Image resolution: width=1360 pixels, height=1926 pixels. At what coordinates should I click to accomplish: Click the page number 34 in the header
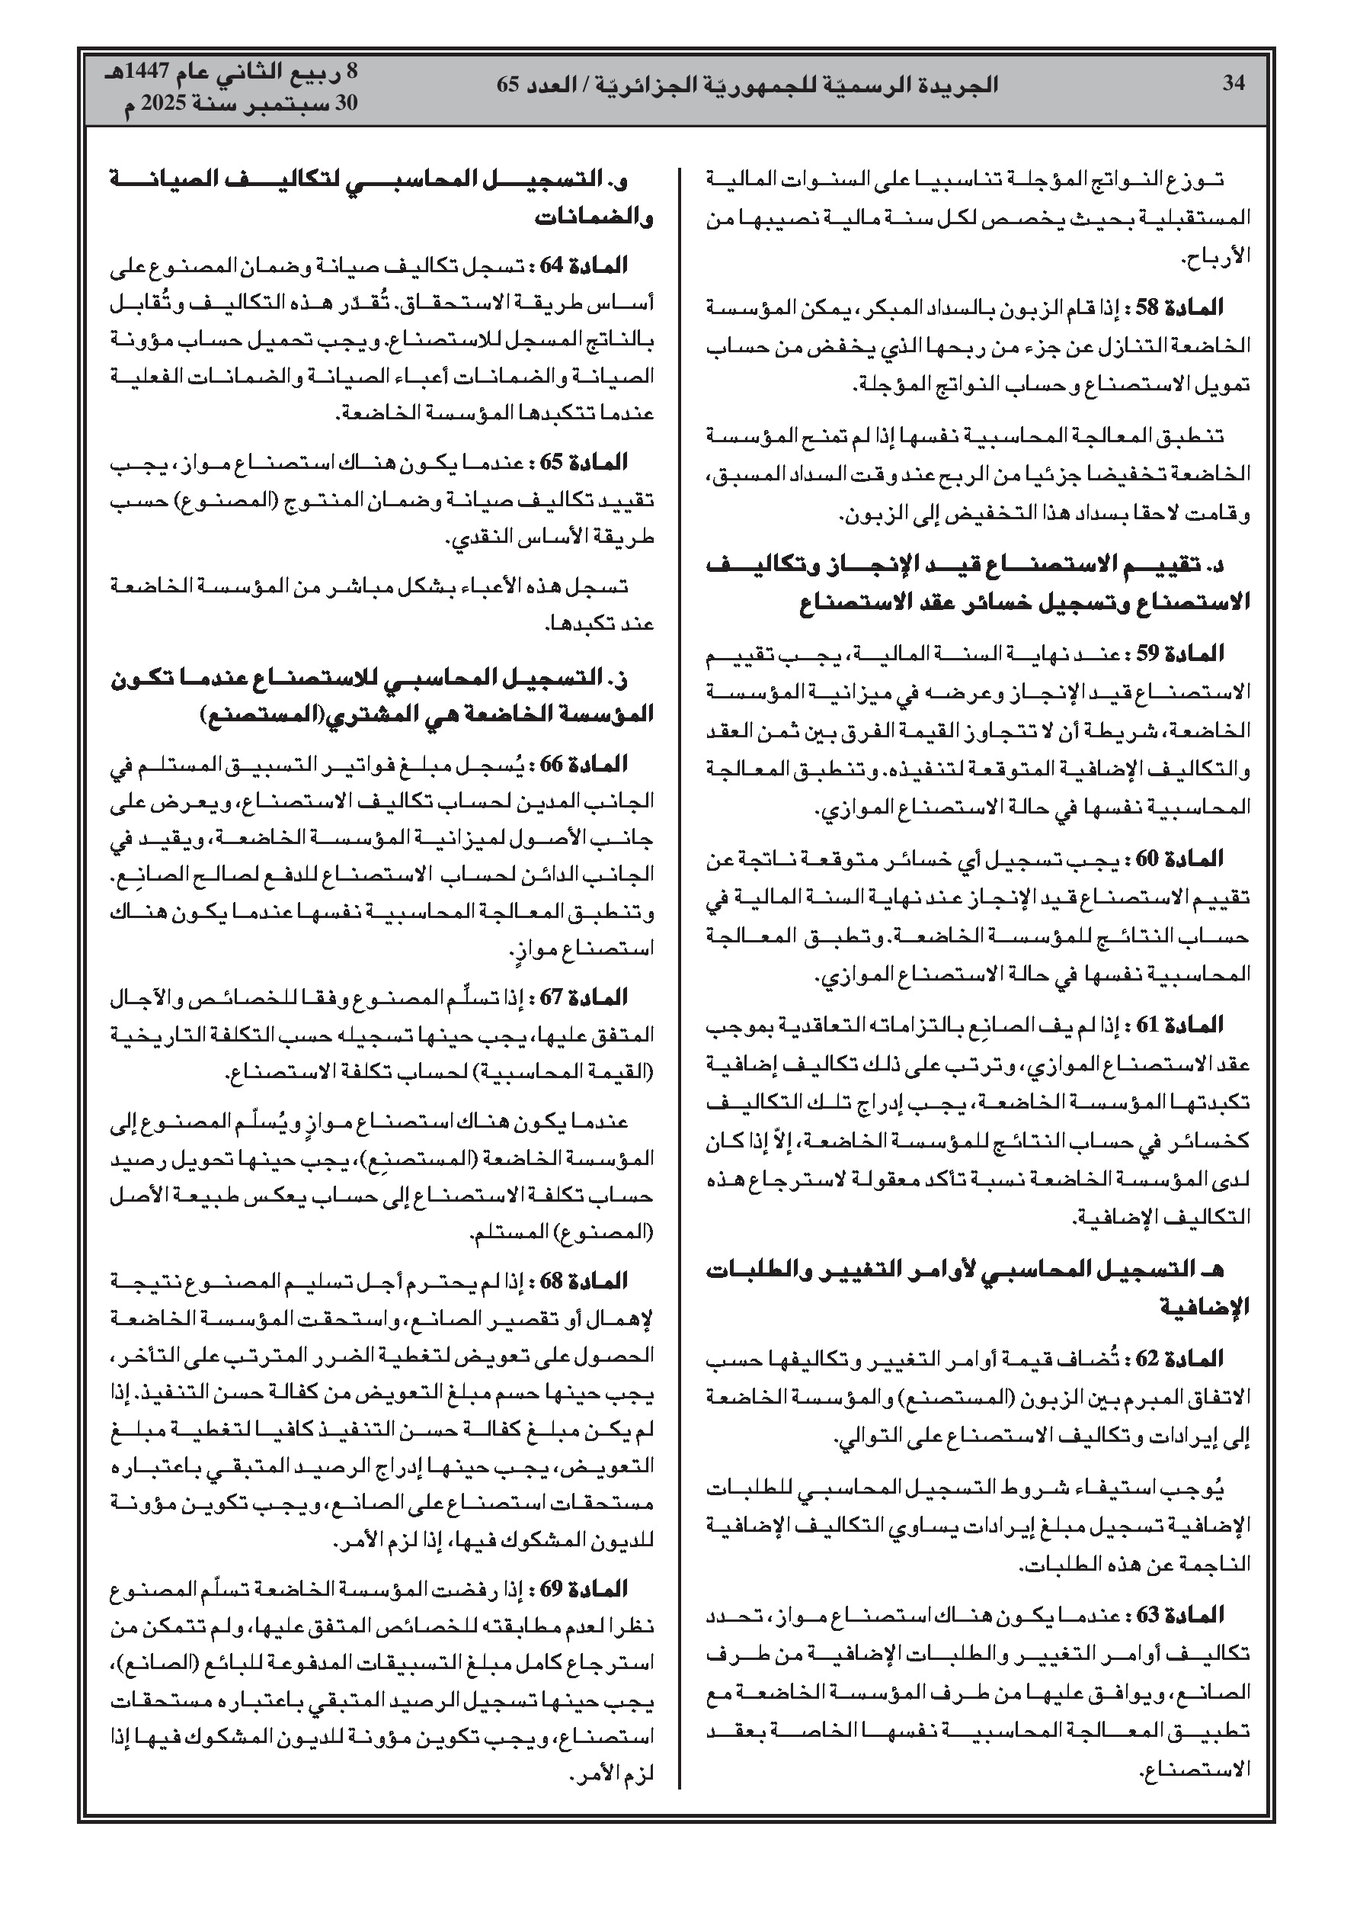coord(1234,83)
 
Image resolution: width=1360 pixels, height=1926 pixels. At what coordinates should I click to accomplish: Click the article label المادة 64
coord(596,266)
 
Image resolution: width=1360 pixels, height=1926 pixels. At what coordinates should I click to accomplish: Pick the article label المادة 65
coord(596,462)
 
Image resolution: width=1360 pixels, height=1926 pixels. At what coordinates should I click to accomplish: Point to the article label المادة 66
coord(596,764)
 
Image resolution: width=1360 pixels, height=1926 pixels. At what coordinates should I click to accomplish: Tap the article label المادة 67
coord(596,997)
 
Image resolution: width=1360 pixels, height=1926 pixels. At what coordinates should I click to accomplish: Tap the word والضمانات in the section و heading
coord(594,218)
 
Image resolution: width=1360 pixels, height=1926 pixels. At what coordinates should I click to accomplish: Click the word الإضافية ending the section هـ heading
coord(1206,1306)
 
